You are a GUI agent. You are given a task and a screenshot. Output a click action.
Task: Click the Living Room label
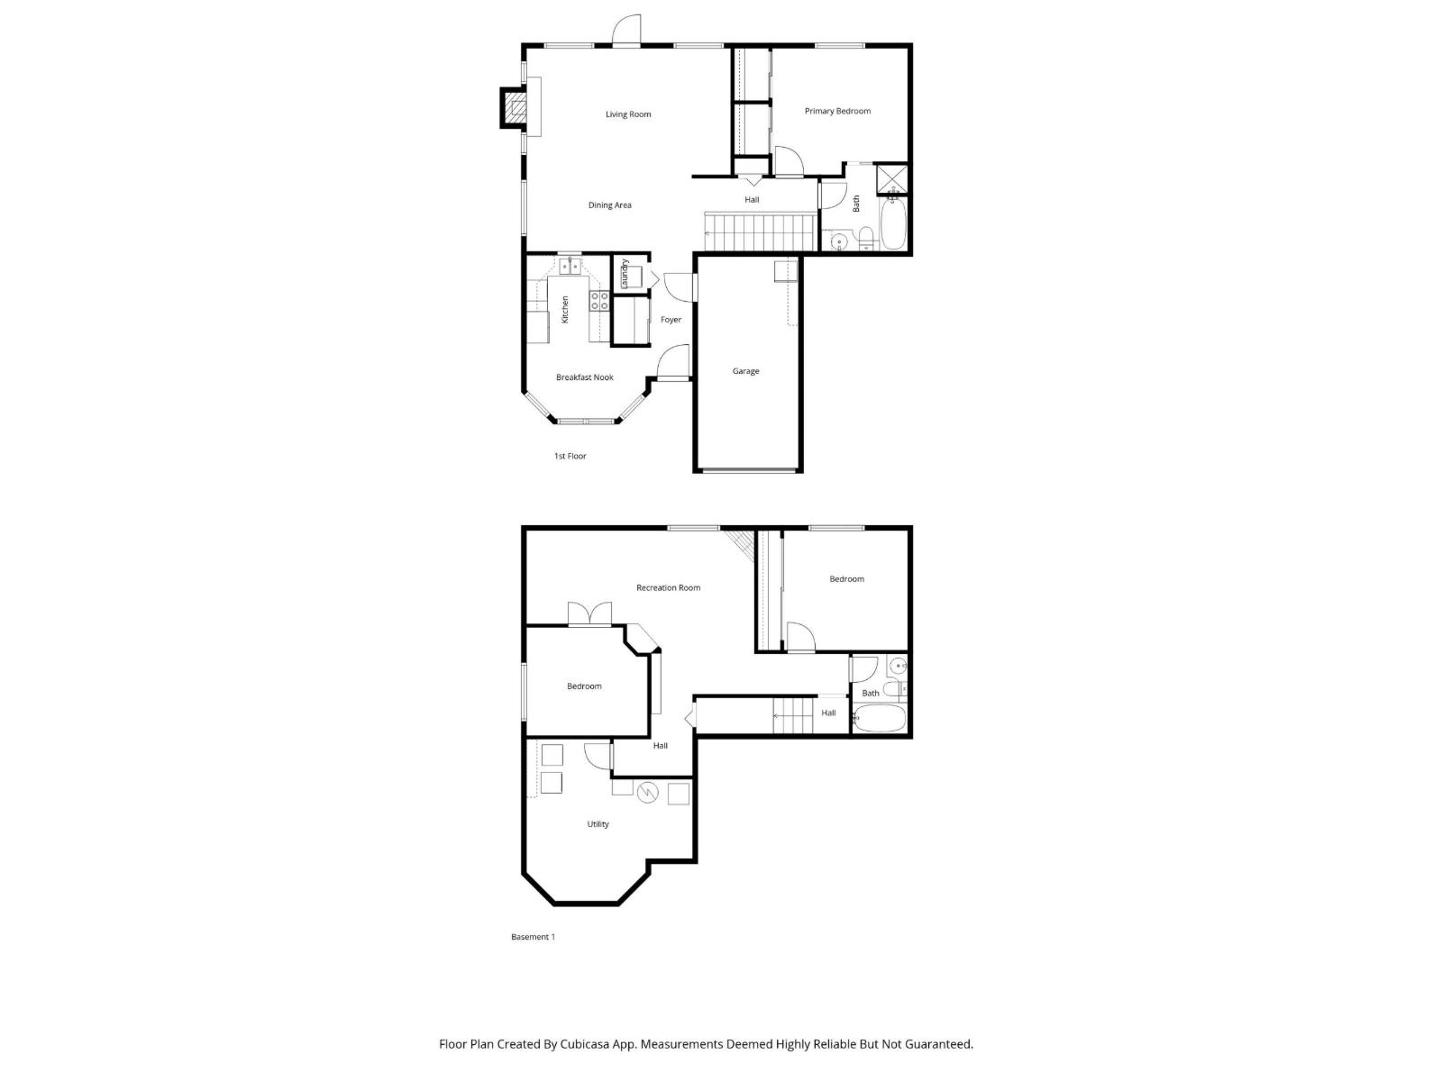[x=628, y=114]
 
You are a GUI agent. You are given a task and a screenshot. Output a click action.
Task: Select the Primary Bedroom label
[x=837, y=111]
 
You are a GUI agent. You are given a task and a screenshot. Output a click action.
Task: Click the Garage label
[x=745, y=371]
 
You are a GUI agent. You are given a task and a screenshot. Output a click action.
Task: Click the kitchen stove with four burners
[x=599, y=301]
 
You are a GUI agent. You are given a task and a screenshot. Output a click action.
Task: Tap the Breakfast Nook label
[x=584, y=377]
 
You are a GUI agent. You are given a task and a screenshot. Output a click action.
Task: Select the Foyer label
[x=671, y=320]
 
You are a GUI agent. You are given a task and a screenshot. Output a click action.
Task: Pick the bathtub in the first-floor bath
[x=893, y=223]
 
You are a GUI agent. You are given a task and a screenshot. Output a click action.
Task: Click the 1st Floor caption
[x=570, y=456]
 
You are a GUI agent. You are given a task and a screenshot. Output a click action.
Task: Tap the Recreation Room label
[x=668, y=587]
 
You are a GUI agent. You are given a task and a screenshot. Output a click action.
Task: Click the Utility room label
[x=598, y=824]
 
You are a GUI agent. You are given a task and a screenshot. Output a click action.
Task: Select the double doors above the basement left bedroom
[x=590, y=614]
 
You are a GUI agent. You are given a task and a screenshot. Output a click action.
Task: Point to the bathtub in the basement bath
[x=879, y=720]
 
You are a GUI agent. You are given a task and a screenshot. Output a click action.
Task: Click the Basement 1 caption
[x=533, y=937]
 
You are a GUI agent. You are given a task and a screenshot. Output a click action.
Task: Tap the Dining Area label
[x=609, y=205]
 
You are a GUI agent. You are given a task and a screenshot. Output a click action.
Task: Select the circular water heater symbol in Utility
[x=647, y=793]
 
